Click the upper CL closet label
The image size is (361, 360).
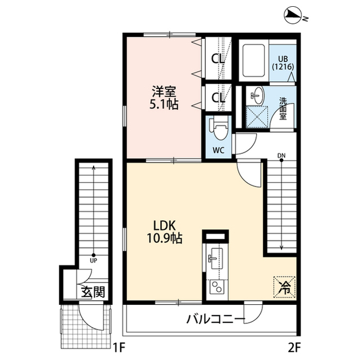coord(218,57)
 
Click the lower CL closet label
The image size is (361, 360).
coord(218,97)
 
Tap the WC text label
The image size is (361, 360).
coord(219,150)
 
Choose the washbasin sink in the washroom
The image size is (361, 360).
coord(256,95)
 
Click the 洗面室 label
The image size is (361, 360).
coord(284,109)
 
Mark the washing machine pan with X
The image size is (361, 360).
coord(257,117)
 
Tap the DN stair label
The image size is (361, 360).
coord(281,155)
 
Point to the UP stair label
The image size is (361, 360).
coord(93,260)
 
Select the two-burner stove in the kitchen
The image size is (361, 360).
coord(215,290)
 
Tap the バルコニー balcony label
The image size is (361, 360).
coord(215,320)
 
